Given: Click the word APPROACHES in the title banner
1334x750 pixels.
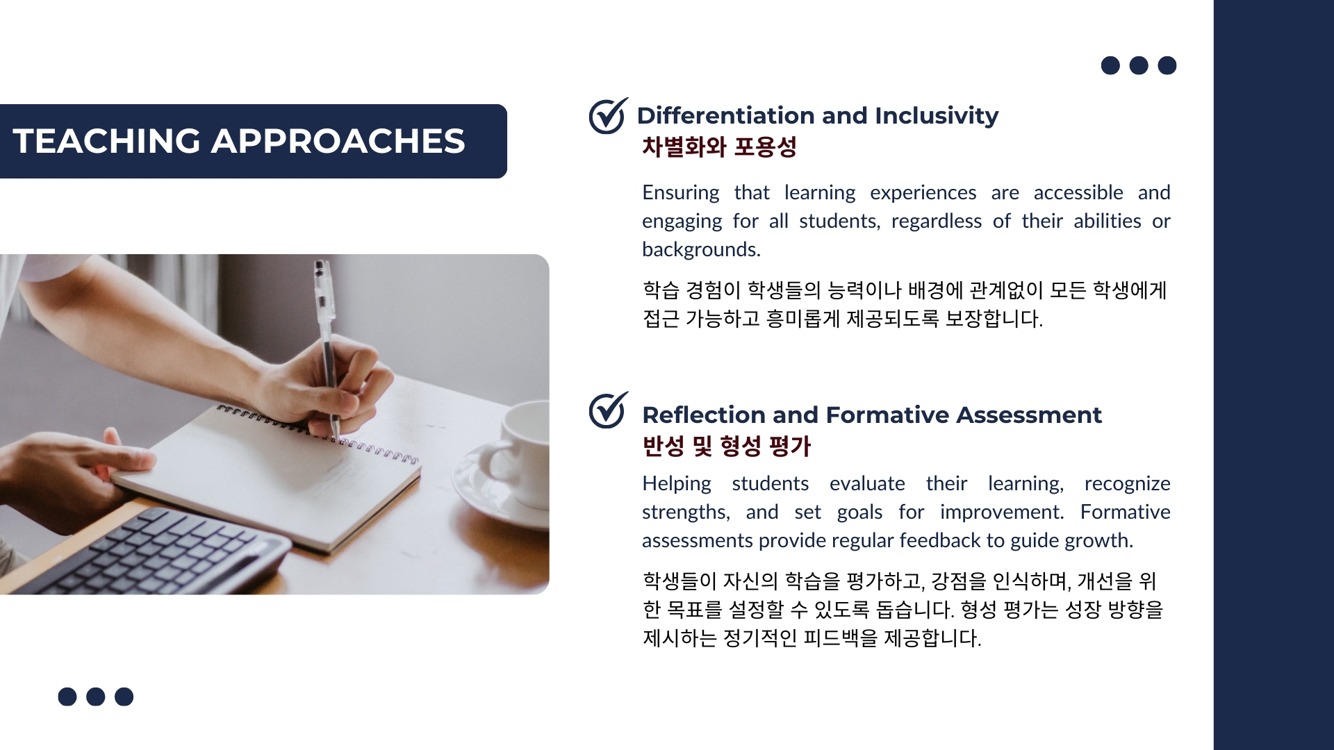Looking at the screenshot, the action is pos(338,141).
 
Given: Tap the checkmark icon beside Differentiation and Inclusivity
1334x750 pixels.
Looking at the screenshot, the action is pos(609,115).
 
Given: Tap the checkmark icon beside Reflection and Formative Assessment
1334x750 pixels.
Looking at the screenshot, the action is pos(609,410).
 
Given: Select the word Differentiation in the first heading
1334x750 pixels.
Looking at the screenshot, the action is pos(718,115).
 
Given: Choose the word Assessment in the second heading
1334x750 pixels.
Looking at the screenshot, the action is pos(1029,415).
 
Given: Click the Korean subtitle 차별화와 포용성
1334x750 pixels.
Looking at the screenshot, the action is pos(719,147).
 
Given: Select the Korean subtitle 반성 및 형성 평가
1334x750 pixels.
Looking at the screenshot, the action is pos(727,446).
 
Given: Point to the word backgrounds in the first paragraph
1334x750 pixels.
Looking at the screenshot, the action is pos(701,249).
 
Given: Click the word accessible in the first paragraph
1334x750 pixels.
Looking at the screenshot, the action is pos(1078,192).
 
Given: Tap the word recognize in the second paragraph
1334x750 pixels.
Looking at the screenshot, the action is pos(1127,484).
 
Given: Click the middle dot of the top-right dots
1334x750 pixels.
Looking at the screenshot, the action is pos(1139,65).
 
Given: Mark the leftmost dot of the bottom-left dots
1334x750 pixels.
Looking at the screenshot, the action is pos(67,697).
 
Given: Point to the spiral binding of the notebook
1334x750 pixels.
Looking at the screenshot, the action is pos(316,432).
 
